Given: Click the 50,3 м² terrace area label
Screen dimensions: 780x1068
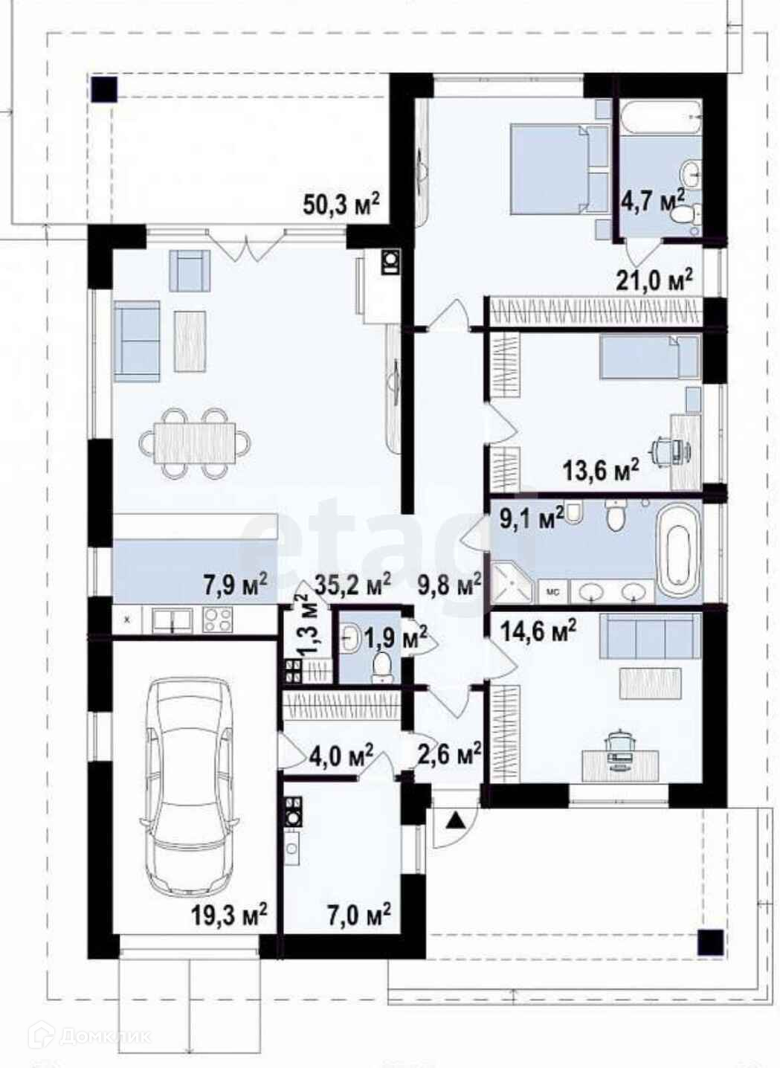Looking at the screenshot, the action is pyautogui.click(x=341, y=205).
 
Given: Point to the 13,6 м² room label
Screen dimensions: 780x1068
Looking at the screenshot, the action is pyautogui.click(x=601, y=472).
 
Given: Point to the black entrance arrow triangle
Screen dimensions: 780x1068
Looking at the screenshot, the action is pyautogui.click(x=457, y=820).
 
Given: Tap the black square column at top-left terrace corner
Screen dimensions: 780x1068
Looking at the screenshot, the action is pyautogui.click(x=104, y=89).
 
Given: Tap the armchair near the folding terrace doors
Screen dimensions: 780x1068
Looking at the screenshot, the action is pyautogui.click(x=190, y=271).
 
